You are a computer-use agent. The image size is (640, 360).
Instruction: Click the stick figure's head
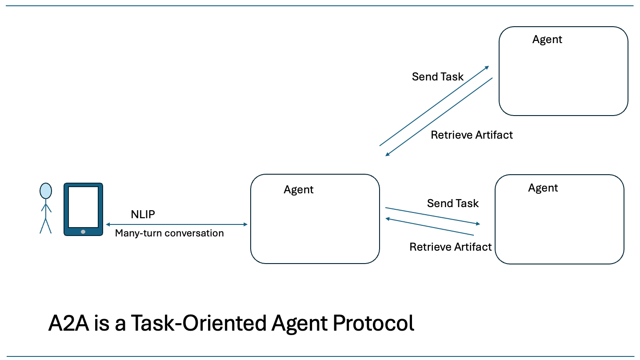click(45, 191)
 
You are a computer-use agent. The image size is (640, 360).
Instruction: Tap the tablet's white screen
click(83, 207)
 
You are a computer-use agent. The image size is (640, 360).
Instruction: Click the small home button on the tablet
click(83, 232)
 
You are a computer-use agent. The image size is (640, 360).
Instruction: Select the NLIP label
click(143, 215)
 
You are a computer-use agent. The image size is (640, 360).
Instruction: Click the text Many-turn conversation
click(169, 233)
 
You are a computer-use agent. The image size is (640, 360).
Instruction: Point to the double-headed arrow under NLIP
click(176, 225)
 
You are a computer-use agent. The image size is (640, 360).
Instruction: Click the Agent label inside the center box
click(298, 190)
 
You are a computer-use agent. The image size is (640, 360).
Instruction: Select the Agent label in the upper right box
click(547, 40)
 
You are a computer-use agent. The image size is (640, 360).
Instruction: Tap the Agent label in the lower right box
click(543, 188)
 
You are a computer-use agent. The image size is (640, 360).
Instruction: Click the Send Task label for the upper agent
click(437, 77)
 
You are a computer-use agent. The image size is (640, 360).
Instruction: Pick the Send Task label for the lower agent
click(452, 204)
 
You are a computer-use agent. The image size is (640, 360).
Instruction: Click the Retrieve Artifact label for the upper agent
click(472, 135)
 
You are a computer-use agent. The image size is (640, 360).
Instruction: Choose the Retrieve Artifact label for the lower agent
click(450, 247)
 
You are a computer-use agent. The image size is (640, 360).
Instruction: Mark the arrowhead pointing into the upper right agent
click(487, 68)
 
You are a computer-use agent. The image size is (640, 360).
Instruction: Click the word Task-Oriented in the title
click(198, 324)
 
